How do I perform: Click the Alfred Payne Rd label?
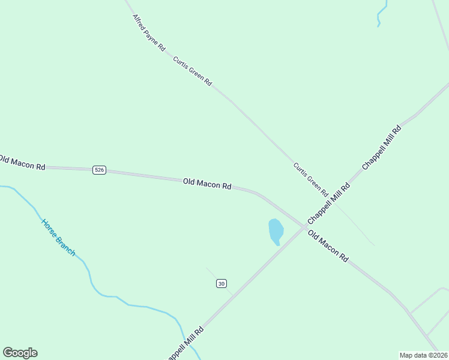point(148,34)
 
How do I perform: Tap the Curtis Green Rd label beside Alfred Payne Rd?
point(192,71)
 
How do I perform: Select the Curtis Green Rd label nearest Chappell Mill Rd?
point(310,179)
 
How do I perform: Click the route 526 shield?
point(100,170)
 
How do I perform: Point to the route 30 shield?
point(221,283)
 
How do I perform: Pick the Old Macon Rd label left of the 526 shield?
point(22,163)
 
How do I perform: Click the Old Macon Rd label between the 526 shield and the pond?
point(207,184)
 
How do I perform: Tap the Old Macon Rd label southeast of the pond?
point(328,245)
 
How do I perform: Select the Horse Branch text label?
point(58,238)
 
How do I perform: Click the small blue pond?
point(276,231)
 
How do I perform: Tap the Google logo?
point(20,353)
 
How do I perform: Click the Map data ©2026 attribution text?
point(423,355)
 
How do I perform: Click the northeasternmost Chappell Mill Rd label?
point(381,147)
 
